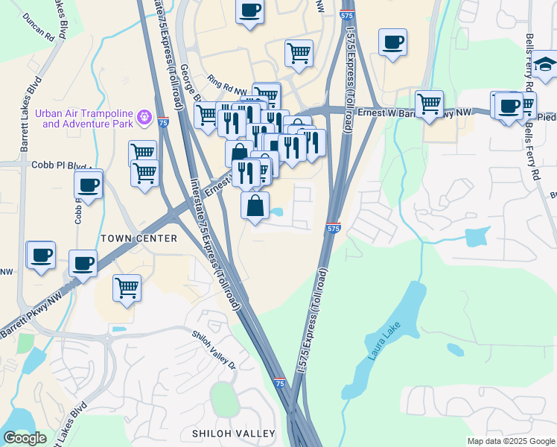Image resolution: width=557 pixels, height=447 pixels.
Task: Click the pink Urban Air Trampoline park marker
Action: point(144,117)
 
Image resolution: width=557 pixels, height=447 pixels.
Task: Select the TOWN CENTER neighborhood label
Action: point(139,238)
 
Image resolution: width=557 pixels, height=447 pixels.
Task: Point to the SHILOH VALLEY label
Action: point(233,434)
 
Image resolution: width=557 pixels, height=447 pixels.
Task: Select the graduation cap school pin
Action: point(544,64)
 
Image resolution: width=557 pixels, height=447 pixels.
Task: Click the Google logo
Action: point(25,437)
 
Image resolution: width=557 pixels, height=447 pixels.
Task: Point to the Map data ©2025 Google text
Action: point(510,441)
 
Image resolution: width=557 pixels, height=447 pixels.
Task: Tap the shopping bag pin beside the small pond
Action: point(255,206)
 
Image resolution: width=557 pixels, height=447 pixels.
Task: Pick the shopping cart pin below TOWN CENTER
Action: point(127,288)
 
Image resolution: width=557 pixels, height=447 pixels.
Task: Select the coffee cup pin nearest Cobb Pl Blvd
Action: point(88,186)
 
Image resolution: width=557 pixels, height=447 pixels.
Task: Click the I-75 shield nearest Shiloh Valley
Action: point(279,382)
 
